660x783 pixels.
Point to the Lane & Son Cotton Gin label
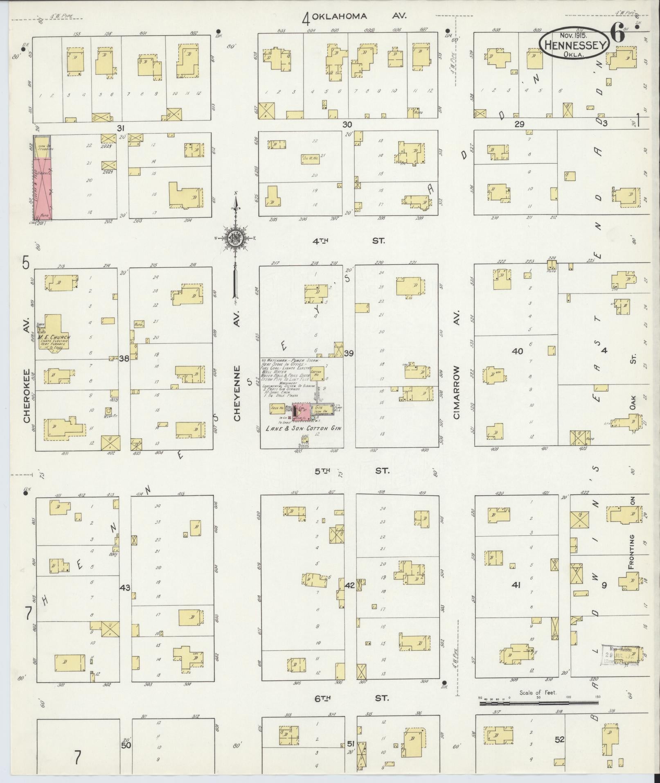[x=304, y=428]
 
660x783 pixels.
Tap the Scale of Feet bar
[x=538, y=703]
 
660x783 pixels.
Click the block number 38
[x=124, y=359]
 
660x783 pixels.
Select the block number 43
[x=125, y=588]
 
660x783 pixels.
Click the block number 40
[x=517, y=351]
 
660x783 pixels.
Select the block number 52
[x=560, y=740]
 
